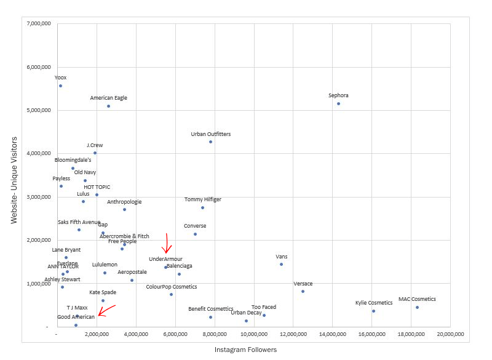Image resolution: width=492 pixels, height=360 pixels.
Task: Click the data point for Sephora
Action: coord(338,103)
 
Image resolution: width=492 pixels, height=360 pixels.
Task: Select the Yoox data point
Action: coord(60,86)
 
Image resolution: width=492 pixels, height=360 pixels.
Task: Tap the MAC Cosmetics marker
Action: coord(417,307)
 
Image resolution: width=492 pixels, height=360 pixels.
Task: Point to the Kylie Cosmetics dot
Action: coord(373,311)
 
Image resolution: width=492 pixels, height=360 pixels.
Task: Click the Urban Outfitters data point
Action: coord(210,142)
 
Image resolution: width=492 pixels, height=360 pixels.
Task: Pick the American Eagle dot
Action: coord(108,106)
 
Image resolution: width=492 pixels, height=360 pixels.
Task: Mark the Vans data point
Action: coord(281,264)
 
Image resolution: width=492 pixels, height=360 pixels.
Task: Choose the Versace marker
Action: coord(303,291)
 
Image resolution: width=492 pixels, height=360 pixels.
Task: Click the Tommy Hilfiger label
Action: coord(202,199)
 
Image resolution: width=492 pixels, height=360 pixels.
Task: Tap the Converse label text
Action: coord(195,226)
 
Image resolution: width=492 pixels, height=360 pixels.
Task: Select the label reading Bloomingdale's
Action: coord(73,160)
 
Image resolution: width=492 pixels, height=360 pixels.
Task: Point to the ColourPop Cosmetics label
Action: coord(171,287)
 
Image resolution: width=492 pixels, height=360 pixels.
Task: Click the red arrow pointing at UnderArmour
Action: coord(166,244)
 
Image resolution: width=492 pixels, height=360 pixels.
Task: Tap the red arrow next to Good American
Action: coord(107,311)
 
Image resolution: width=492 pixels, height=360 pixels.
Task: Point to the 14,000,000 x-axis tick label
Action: coord(332,334)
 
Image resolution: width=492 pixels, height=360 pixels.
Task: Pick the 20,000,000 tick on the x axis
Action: coord(450,334)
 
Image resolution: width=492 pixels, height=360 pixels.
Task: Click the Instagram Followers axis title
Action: coord(245,350)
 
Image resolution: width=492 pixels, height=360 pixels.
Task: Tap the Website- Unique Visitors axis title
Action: coord(14,180)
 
